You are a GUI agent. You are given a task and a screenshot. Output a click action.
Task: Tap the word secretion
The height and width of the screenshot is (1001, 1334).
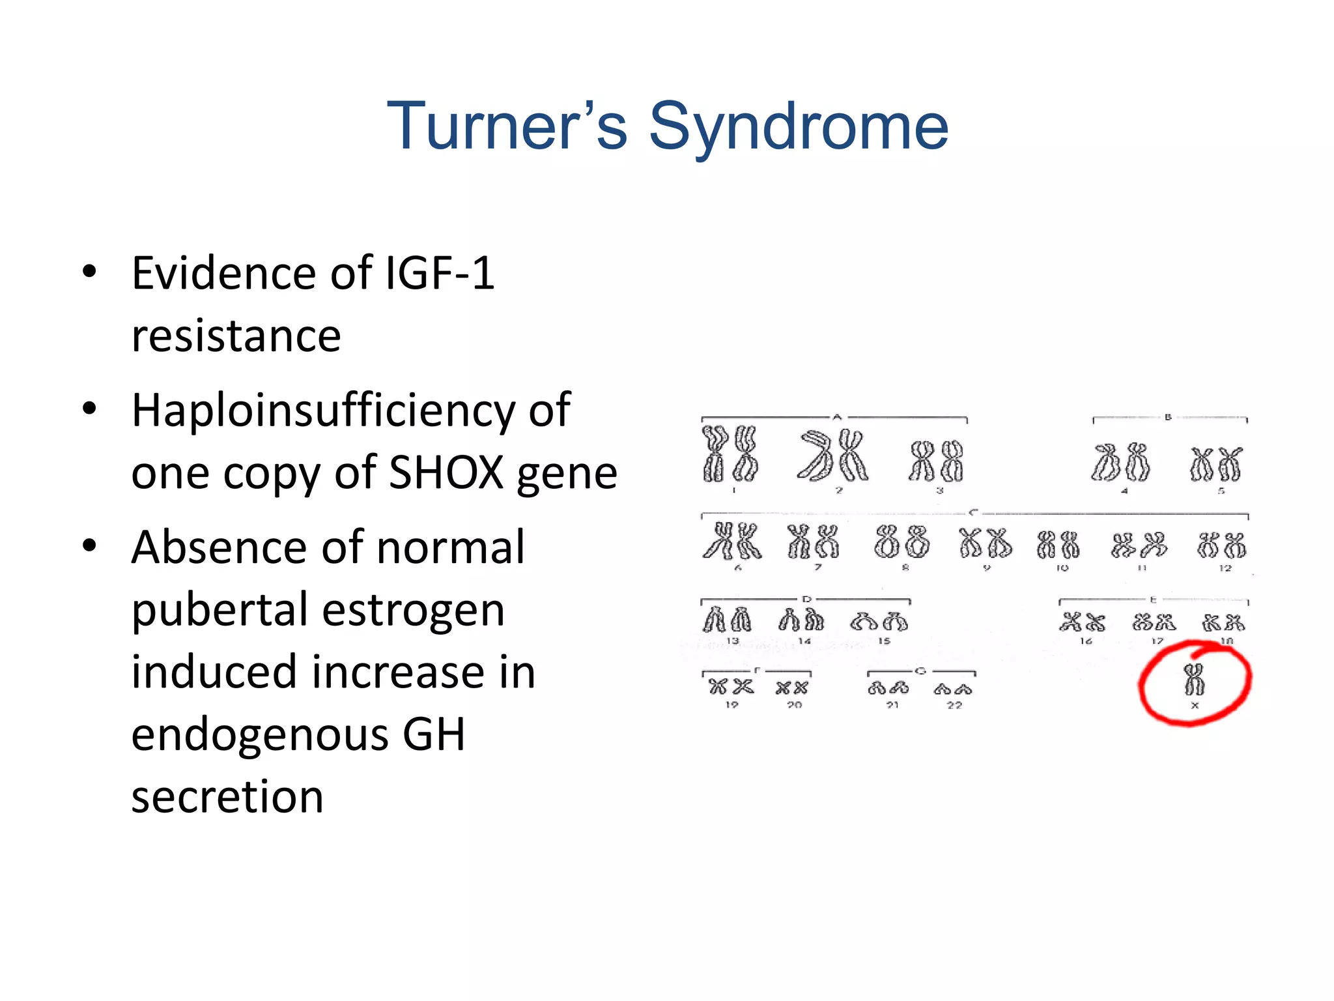(x=227, y=796)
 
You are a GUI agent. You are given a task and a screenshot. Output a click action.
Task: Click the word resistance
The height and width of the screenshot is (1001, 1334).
(x=236, y=336)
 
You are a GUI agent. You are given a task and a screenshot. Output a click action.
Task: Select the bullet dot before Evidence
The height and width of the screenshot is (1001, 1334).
(x=89, y=272)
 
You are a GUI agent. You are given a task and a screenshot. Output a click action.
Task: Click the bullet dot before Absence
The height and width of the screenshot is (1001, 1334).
(x=89, y=545)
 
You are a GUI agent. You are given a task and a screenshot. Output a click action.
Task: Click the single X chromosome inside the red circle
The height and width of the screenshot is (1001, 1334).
(x=1194, y=680)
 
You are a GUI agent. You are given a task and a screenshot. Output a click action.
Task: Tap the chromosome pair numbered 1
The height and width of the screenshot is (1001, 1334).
(x=730, y=454)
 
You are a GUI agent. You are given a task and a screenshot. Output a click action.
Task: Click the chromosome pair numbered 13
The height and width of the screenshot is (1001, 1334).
(x=727, y=619)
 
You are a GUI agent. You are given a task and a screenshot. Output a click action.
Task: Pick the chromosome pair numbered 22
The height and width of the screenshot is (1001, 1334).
(x=953, y=689)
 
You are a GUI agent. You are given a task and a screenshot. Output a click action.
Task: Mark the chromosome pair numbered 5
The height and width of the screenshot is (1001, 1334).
(x=1216, y=464)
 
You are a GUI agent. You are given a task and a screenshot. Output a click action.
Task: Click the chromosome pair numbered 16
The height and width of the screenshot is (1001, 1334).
(x=1082, y=622)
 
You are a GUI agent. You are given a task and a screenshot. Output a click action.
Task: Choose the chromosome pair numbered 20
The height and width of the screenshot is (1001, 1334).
(x=792, y=688)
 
